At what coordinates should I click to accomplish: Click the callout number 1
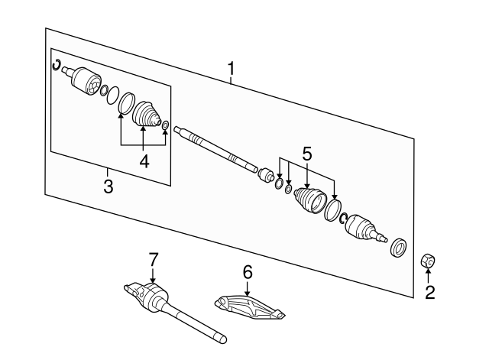(x=231, y=69)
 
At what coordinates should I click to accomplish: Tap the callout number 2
(x=429, y=293)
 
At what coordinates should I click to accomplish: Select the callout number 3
(x=108, y=186)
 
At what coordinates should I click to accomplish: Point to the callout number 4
(x=144, y=161)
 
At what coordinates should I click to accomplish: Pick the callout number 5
(x=307, y=154)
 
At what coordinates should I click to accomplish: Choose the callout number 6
(x=248, y=272)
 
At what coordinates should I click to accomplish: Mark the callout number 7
(x=153, y=260)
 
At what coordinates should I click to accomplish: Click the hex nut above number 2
(x=428, y=261)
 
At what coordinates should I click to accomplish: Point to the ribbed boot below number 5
(x=310, y=200)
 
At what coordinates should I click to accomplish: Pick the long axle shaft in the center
(x=215, y=149)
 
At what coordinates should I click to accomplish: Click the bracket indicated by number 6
(x=250, y=308)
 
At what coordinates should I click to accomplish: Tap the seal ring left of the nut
(x=399, y=248)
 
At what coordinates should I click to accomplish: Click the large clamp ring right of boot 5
(x=333, y=210)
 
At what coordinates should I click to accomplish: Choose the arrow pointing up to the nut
(x=428, y=276)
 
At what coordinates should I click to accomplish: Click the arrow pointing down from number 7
(x=153, y=275)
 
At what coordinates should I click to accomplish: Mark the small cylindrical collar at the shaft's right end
(x=266, y=174)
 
